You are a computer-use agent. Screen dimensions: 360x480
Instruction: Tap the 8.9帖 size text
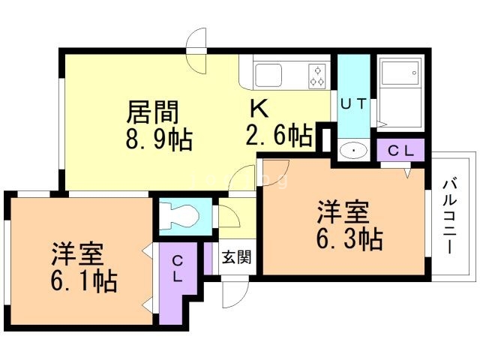click(159, 139)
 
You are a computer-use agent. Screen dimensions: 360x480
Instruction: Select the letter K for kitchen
click(258, 109)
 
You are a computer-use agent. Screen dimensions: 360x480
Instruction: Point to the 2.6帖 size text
click(279, 136)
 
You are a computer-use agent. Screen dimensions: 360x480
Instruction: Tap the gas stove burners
click(317, 74)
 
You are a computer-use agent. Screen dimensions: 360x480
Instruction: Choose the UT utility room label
click(354, 105)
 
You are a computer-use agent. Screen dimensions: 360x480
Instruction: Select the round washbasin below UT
click(352, 151)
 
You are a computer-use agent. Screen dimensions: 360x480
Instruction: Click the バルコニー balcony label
click(450, 214)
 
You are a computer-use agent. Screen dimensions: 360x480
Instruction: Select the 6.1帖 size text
click(84, 280)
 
